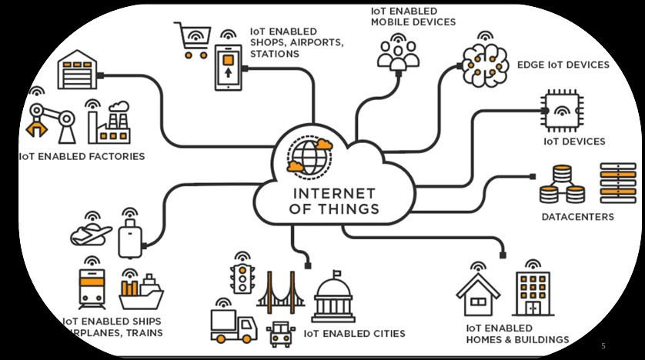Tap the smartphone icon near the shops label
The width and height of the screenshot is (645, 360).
(x=228, y=66)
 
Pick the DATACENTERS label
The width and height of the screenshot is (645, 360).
(x=577, y=217)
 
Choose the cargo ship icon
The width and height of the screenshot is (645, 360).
(x=140, y=293)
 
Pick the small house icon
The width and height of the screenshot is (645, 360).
(x=478, y=294)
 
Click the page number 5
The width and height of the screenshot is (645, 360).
(x=603, y=345)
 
